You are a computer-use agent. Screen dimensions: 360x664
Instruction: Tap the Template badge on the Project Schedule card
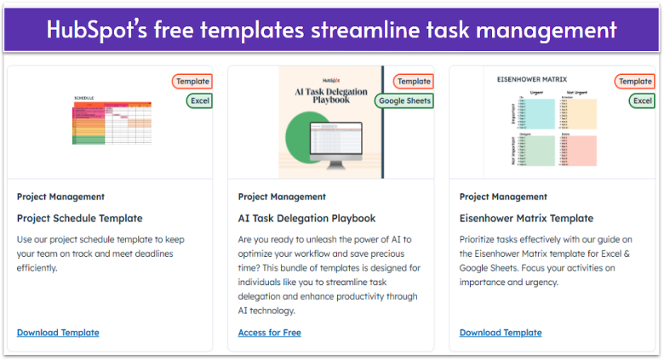click(x=192, y=82)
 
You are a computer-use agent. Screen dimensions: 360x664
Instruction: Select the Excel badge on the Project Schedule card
click(x=199, y=101)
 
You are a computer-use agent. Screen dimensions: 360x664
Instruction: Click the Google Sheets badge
click(x=404, y=101)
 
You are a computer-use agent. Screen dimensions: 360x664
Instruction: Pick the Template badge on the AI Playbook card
click(x=413, y=82)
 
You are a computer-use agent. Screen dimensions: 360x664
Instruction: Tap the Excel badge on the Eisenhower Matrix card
click(x=642, y=101)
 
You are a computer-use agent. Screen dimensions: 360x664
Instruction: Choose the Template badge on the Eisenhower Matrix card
click(x=635, y=82)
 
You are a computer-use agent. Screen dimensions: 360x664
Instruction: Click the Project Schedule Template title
click(x=79, y=219)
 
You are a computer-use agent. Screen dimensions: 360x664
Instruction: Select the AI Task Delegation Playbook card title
click(x=306, y=219)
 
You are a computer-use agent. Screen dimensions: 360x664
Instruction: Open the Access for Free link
click(x=270, y=333)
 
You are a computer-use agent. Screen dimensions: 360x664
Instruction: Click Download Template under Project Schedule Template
click(x=58, y=333)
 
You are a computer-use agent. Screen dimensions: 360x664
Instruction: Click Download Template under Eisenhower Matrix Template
click(x=501, y=333)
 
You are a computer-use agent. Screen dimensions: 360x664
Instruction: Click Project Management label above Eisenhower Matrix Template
click(x=503, y=197)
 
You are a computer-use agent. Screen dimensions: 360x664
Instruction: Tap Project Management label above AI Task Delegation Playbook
click(x=282, y=197)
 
